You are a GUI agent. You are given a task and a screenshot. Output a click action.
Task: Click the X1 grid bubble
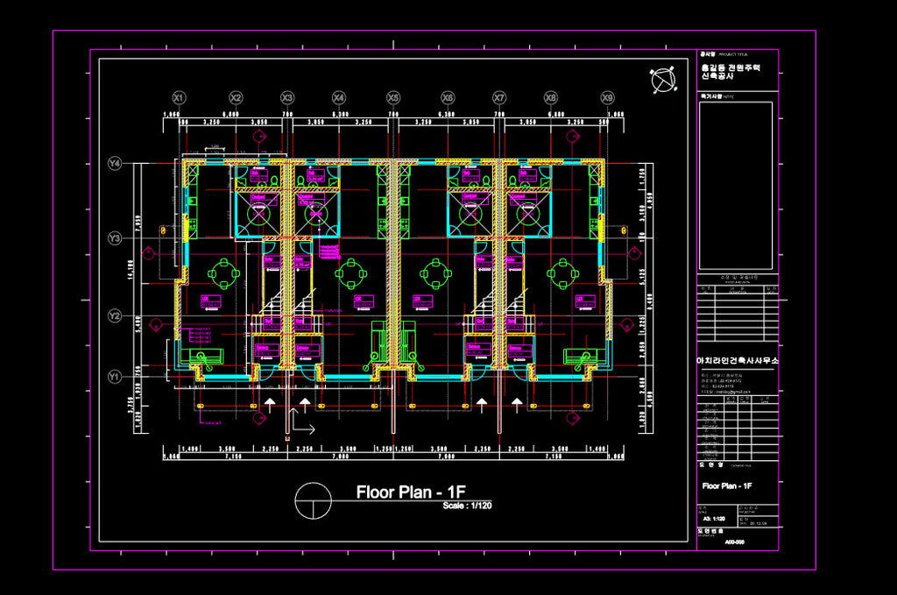179,97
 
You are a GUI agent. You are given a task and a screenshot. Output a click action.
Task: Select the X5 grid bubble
393,97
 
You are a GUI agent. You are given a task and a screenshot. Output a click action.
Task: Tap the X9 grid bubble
607,97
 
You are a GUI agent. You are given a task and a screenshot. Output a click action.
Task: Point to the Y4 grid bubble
115,163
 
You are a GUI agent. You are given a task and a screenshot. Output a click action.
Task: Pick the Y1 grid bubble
115,377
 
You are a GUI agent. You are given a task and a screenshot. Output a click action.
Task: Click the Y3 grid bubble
115,238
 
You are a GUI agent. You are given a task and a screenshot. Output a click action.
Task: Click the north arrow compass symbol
663,81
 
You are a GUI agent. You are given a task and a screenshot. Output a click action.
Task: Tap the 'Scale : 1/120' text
467,506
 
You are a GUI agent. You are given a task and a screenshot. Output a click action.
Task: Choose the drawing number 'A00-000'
734,542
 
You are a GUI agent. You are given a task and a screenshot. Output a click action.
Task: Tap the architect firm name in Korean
737,361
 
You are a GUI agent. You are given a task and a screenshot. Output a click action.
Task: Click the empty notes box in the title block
736,186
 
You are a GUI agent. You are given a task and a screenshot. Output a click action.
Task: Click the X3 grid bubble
286,97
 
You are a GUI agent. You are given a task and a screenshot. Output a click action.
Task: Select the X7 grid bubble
499,97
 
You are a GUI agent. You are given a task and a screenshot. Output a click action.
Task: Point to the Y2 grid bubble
115,315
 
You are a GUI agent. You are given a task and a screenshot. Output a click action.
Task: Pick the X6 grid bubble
448,97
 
